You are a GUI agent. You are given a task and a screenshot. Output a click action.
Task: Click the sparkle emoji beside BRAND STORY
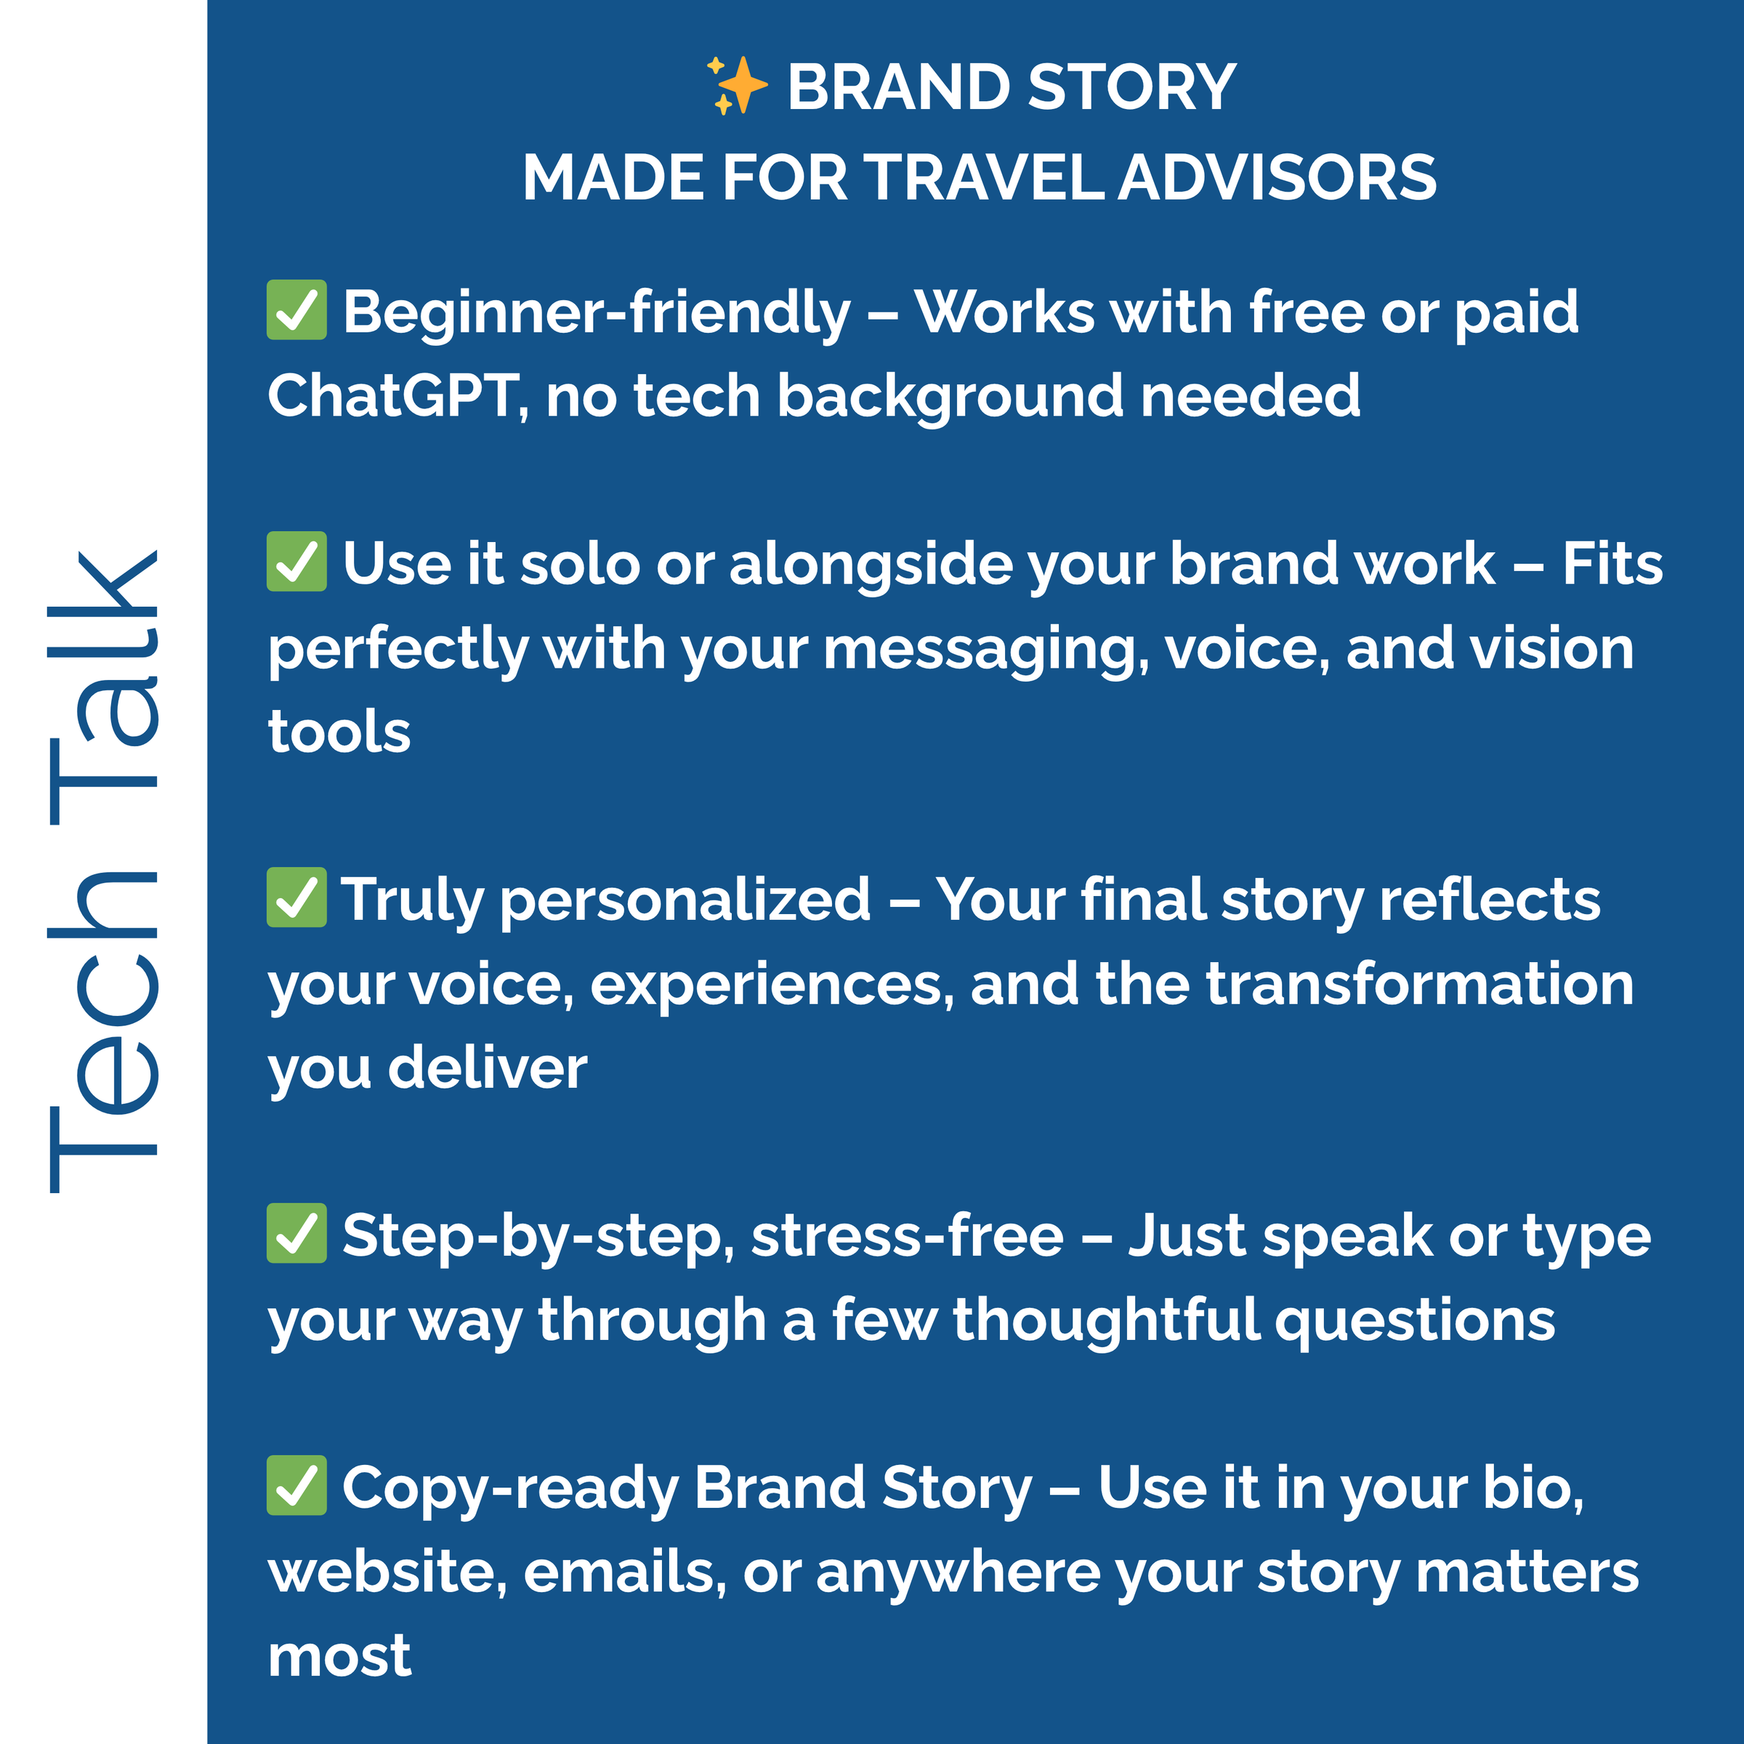[737, 86]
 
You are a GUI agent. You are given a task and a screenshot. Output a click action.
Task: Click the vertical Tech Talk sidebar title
[105, 872]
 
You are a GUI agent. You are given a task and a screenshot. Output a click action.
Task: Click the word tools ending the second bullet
[339, 731]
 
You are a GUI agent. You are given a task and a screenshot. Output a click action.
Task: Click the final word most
[339, 1657]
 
